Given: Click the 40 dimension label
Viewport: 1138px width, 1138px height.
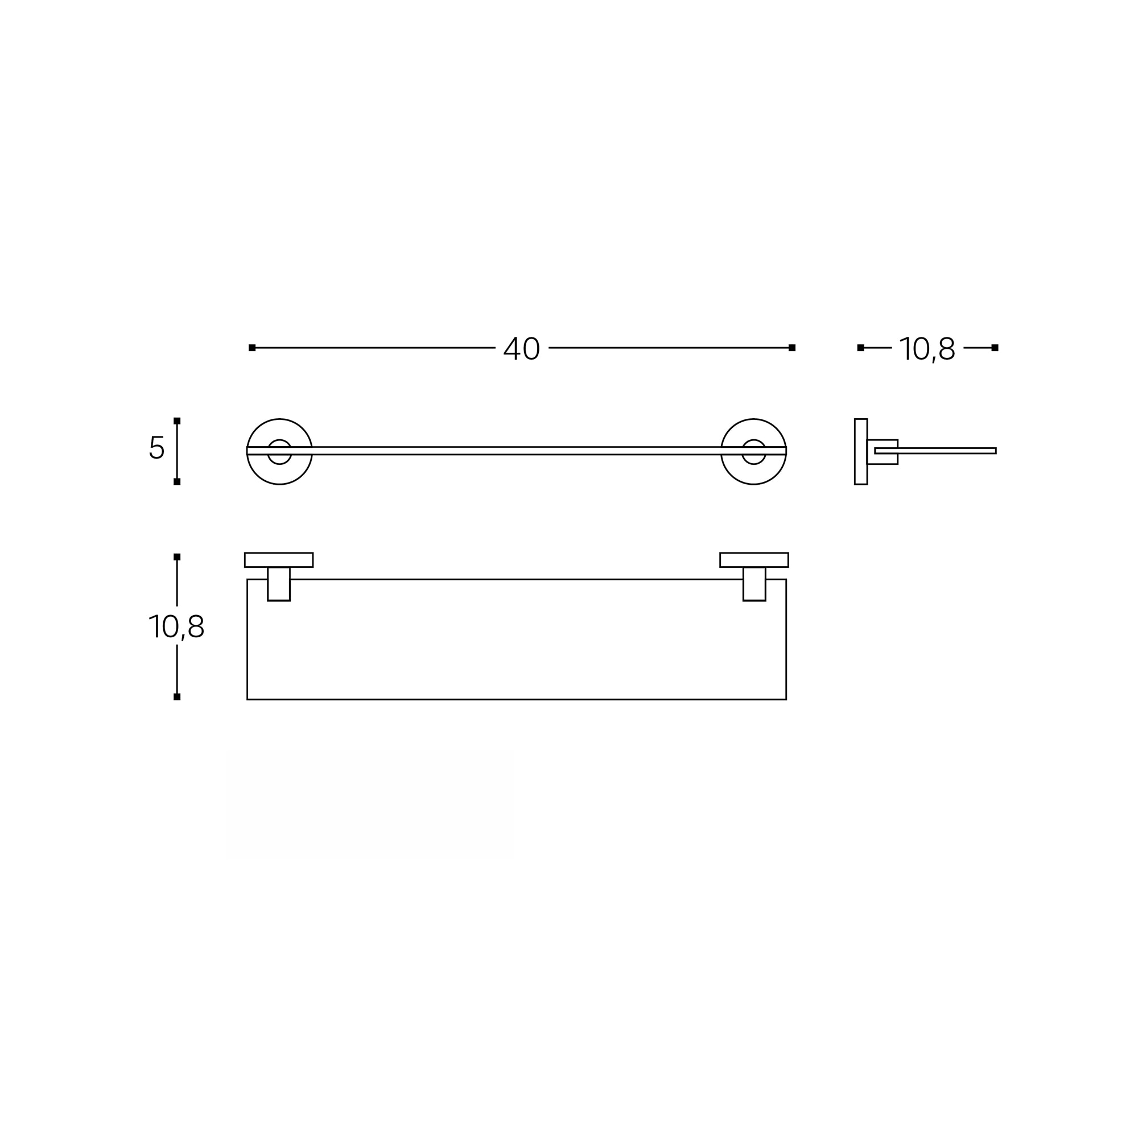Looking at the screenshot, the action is tap(521, 348).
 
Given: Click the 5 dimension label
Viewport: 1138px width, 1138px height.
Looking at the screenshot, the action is tap(156, 447).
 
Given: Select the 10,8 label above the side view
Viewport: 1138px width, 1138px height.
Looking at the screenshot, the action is tap(927, 349).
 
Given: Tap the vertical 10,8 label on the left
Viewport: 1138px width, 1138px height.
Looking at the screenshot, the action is tap(176, 626).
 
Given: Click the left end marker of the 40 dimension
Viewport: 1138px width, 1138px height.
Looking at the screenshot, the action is tap(252, 348).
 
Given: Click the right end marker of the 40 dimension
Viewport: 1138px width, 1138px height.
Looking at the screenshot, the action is tap(791, 348).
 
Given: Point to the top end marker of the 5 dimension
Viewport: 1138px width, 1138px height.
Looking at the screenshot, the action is tap(177, 420).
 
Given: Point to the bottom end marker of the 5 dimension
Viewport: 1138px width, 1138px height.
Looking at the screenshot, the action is tap(177, 482).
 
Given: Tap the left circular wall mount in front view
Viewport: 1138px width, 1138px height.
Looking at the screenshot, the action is tap(279, 419).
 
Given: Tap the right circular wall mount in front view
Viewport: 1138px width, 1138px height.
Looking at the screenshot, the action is tap(753, 419).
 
